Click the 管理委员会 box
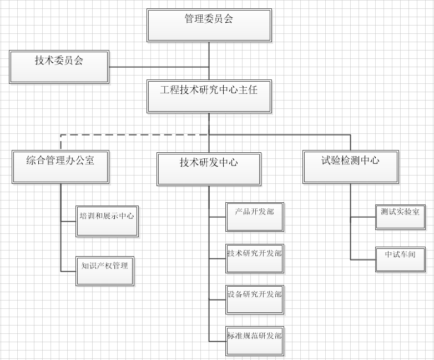click(209, 25)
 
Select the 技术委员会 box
click(59, 67)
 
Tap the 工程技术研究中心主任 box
click(209, 96)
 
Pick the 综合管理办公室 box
click(60, 166)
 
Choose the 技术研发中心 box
click(209, 169)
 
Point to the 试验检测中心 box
click(350, 166)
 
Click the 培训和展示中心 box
click(107, 221)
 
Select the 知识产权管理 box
click(104, 271)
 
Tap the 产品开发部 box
click(255, 216)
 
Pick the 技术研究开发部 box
click(255, 258)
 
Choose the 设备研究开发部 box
click(255, 299)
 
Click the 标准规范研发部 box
click(255, 341)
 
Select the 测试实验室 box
click(400, 216)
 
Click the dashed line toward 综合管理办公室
click(133, 134)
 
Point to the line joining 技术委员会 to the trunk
click(158, 67)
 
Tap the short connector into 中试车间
click(363, 259)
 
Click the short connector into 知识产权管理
click(68, 271)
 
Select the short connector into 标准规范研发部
click(218, 341)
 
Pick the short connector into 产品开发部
click(218, 216)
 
